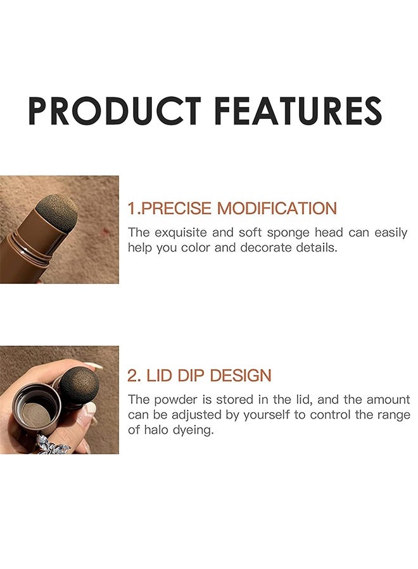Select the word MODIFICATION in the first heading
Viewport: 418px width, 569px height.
pos(277,208)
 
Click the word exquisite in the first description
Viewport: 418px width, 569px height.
pos(179,232)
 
